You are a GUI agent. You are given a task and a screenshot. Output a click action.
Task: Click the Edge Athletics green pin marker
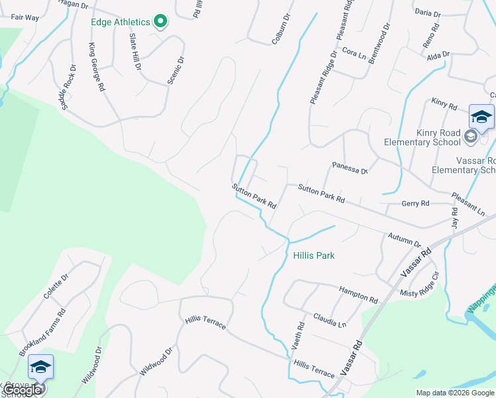click(x=160, y=22)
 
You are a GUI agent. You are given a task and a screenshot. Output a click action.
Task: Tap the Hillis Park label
click(x=314, y=255)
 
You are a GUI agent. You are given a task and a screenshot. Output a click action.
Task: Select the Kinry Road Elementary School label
click(x=422, y=137)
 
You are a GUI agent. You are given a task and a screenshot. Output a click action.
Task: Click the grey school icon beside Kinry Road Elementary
click(x=471, y=137)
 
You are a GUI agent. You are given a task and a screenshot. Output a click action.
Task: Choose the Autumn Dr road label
click(x=404, y=240)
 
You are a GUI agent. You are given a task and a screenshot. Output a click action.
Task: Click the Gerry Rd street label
click(x=415, y=204)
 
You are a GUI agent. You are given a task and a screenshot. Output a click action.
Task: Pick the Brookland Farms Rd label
click(x=42, y=332)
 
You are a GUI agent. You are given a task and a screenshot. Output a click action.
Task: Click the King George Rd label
click(x=97, y=67)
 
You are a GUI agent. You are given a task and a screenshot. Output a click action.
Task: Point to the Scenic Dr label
click(x=176, y=68)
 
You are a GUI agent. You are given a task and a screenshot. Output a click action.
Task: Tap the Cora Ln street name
click(x=355, y=53)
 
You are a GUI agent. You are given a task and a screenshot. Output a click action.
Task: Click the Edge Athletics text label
click(x=121, y=22)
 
